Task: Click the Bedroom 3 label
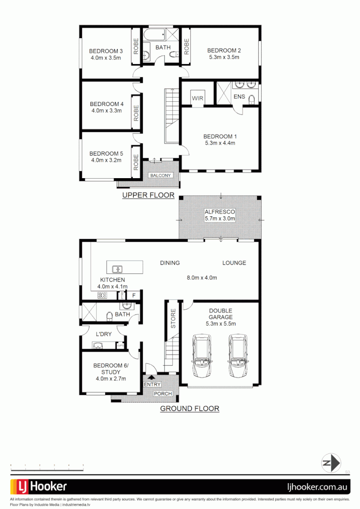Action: (106, 51)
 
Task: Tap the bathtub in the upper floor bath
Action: (154, 35)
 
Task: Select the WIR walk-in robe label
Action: (197, 99)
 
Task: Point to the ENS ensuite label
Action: (239, 97)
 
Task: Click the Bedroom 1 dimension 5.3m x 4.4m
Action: (220, 143)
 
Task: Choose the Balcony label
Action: (161, 175)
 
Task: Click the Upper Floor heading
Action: (148, 195)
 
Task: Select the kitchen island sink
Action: (117, 270)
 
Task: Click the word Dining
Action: (170, 263)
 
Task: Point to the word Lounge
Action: (234, 263)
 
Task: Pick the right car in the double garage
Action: (237, 356)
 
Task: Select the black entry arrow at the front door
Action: (151, 377)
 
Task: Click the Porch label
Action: (163, 394)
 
